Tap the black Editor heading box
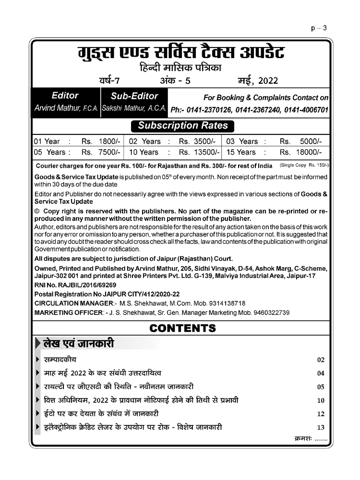[65, 96]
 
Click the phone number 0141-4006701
[306, 110]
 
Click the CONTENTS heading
[182, 328]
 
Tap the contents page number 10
[321, 400]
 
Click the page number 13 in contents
[321, 427]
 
